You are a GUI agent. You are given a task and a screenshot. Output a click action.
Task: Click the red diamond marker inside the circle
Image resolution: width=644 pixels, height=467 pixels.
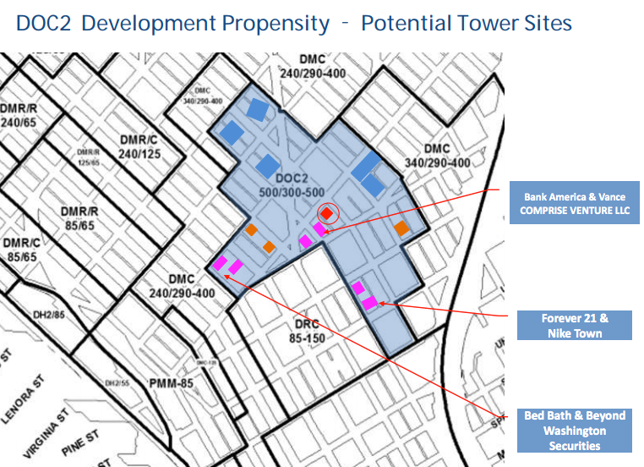[326, 214]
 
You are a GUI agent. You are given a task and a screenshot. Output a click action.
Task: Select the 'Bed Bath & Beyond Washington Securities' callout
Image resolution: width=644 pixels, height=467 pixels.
[574, 431]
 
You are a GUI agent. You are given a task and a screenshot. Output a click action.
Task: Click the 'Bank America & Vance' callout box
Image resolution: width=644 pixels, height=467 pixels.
[575, 203]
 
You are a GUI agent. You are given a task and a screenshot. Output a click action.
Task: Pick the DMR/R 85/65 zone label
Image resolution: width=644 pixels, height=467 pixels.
[83, 218]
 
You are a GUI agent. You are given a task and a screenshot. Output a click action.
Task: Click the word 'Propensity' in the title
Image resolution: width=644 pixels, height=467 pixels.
[273, 23]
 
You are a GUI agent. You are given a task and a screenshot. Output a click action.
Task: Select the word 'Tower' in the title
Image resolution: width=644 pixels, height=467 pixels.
[480, 23]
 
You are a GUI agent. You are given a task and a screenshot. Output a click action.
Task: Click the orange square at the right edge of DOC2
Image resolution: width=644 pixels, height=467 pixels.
[401, 228]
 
